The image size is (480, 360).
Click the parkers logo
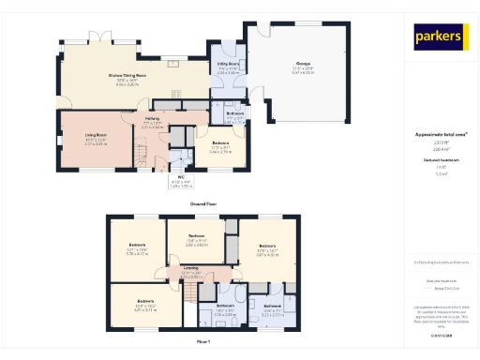(x=439, y=37)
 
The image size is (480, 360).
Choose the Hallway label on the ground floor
(x=152, y=119)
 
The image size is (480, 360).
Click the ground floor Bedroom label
(x=221, y=142)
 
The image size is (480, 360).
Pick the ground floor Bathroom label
(x=236, y=113)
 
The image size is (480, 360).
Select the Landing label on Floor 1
(x=189, y=273)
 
